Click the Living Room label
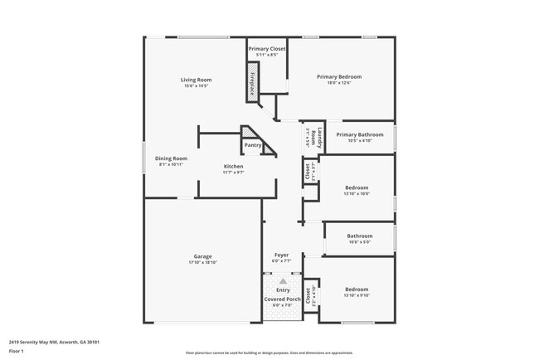click(197, 80)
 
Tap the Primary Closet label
click(266, 49)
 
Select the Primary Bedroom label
click(339, 76)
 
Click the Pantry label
click(252, 145)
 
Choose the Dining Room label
click(171, 158)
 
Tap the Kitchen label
click(233, 167)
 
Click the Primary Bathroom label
click(359, 134)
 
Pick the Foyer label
click(282, 255)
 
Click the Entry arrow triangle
click(283, 281)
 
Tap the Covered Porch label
click(283, 299)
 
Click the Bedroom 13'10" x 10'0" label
click(357, 187)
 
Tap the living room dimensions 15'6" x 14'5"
click(197, 85)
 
